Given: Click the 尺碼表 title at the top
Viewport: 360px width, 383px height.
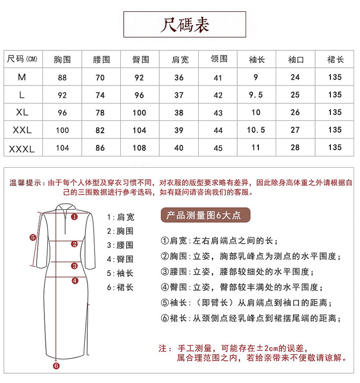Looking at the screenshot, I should tap(184, 25).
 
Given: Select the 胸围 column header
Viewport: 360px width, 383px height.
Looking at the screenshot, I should tap(62, 60).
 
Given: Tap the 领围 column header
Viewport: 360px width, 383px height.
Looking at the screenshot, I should tap(218, 59).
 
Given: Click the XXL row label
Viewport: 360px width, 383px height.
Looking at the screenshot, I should tap(22, 130).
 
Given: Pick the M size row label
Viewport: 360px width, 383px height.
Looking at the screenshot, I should tap(22, 77).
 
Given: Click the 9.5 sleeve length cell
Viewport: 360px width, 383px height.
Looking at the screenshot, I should tap(256, 95).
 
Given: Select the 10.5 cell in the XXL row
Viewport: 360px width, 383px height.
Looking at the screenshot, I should tap(256, 130).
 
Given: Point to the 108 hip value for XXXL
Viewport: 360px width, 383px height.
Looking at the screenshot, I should tap(140, 148).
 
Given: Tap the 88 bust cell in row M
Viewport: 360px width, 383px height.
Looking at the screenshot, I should tap(62, 77).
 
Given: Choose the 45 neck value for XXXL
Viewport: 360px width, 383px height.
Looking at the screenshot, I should tap(218, 148).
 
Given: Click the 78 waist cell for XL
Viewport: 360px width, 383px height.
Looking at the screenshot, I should tap(101, 113).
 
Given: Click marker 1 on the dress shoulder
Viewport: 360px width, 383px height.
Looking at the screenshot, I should tap(74, 216).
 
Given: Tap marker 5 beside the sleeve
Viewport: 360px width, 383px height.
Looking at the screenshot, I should tap(33, 237).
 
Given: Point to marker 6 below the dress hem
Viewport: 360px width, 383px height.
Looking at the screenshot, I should tap(56, 366).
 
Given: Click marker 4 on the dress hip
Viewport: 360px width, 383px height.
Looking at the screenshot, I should tap(74, 280).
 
